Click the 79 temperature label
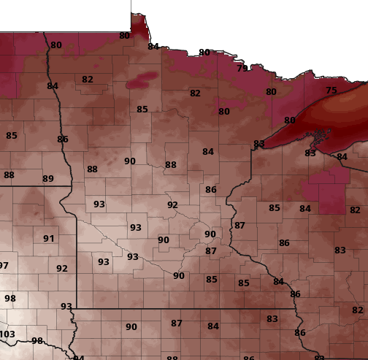coord(242,68)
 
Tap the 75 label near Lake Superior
coord(331,91)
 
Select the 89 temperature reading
coord(48,179)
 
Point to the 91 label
coord(49,239)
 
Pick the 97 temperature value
coord(4,266)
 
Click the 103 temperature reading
coord(7,334)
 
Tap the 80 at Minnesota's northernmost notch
coord(124,35)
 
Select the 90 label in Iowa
coord(131,327)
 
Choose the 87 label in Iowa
coord(177,323)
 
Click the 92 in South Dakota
coord(62,269)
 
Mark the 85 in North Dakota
coord(12,136)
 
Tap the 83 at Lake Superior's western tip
coord(259,144)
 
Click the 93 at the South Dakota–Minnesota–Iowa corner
coord(66,307)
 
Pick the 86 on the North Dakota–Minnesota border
coord(63,139)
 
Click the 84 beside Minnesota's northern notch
coord(153,47)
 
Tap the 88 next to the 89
coord(9,175)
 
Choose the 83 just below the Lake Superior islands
coord(310,153)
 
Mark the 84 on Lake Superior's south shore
coord(342,157)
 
